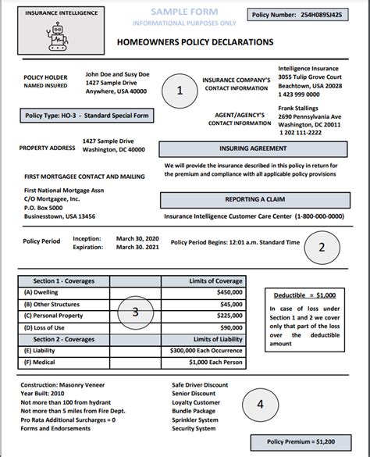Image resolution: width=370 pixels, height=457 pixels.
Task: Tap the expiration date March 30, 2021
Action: tap(137, 247)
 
